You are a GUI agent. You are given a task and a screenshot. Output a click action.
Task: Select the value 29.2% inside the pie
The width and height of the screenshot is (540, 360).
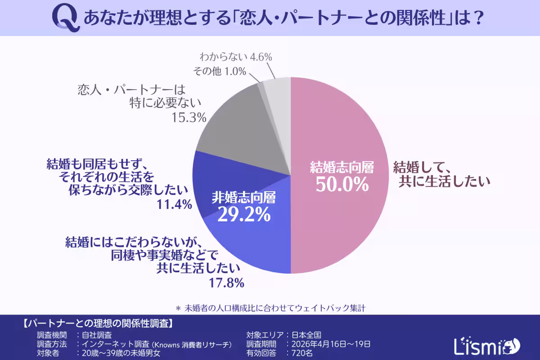[244, 215]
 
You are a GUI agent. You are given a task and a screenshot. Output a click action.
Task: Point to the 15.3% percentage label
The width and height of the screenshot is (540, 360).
[189, 118]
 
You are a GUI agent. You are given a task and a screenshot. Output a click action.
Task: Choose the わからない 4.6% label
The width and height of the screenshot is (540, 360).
[236, 57]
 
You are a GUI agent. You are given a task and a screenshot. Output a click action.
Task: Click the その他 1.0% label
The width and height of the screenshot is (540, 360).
[219, 71]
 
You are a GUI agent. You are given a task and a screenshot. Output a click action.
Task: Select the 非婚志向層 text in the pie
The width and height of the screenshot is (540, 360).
[244, 198]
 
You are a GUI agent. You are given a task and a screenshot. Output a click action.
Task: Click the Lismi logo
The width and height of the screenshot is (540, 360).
[486, 345]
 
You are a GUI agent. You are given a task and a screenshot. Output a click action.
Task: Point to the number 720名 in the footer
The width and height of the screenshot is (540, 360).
[301, 353]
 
